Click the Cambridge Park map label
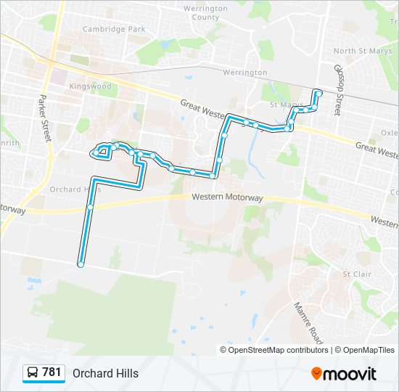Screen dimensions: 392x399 click(x=114, y=29)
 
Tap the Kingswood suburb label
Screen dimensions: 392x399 click(x=90, y=86)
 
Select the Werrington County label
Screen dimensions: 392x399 click(x=201, y=12)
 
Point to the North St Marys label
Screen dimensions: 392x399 click(x=363, y=51)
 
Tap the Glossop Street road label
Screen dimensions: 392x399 click(x=337, y=89)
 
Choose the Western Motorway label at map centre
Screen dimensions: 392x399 click(x=227, y=197)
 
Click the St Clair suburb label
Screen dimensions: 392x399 click(x=356, y=274)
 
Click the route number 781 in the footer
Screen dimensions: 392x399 click(x=52, y=372)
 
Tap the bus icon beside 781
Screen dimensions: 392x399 click(x=33, y=373)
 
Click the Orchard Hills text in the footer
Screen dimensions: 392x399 click(x=105, y=373)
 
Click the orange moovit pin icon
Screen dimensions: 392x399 click(x=317, y=374)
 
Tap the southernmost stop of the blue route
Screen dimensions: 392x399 click(x=81, y=265)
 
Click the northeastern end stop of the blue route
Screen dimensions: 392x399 click(x=318, y=93)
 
